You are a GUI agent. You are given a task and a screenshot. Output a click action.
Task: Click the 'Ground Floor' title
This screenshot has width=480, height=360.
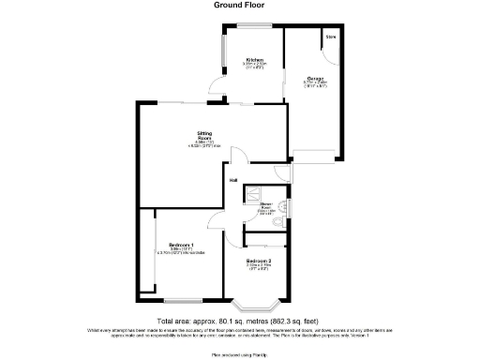[x=239, y=5]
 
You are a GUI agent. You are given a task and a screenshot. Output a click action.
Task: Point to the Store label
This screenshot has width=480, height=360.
[x=331, y=37]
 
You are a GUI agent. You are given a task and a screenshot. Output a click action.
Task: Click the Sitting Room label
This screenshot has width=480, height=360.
[x=204, y=137]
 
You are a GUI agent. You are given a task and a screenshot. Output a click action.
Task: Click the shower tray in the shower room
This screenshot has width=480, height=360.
[x=251, y=194]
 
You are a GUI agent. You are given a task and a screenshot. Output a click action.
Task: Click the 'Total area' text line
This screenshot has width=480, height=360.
[x=239, y=322]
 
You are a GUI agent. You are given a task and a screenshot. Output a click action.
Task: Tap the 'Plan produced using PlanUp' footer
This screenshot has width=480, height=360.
[x=239, y=354]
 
